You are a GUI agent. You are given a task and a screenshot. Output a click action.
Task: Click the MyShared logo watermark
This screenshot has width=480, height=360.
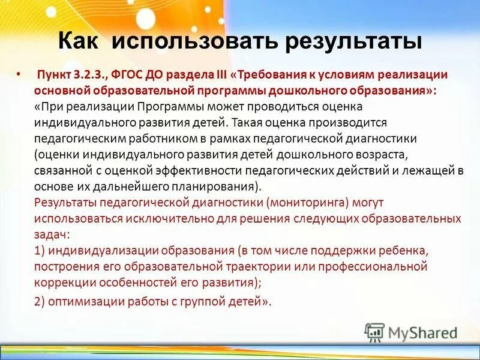coord(412,332)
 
